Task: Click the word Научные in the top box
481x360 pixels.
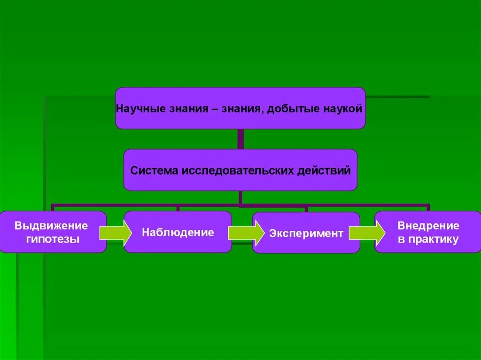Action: tap(136, 109)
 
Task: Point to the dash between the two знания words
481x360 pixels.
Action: tap(214, 109)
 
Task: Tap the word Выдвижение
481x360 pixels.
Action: tap(51, 226)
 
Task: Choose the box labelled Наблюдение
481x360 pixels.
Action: tap(178, 232)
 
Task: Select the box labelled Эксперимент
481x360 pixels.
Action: tap(306, 233)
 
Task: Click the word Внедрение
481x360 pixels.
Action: tap(428, 226)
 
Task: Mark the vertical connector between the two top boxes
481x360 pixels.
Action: tap(240, 139)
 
